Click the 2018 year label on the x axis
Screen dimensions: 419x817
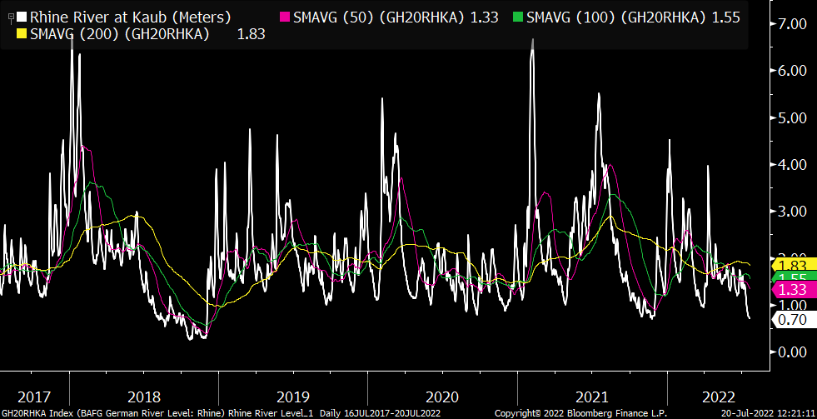145,394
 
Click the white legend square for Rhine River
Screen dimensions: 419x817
22,16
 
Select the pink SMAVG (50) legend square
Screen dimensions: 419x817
286,16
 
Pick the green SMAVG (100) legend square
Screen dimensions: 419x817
519,16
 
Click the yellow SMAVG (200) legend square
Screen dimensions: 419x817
22,34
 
